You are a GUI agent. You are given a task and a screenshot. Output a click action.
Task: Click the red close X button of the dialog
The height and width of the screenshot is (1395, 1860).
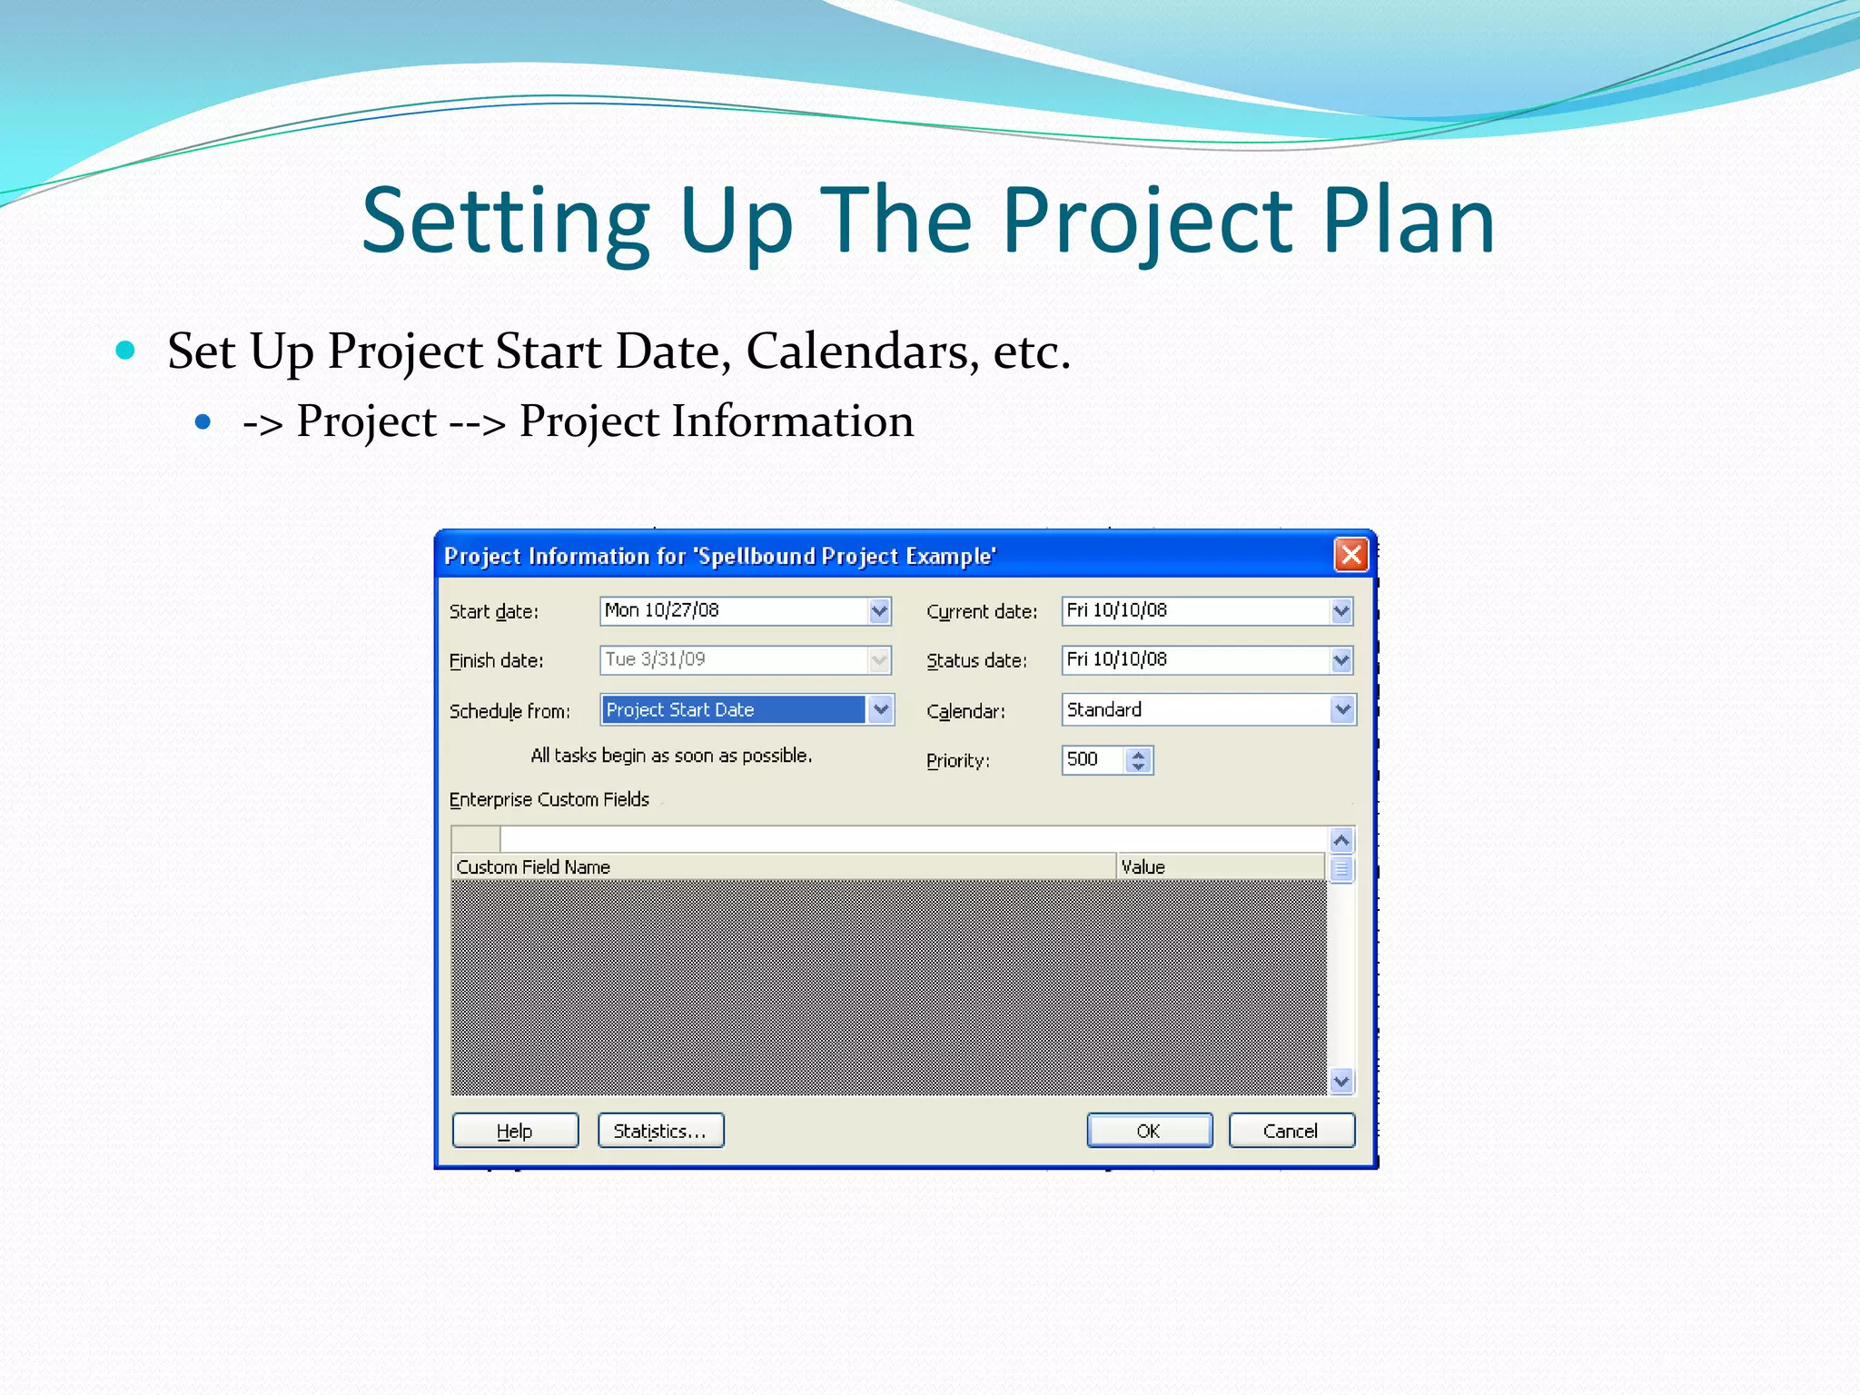(1350, 554)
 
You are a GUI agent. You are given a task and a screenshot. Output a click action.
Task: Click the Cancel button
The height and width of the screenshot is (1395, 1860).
(1291, 1131)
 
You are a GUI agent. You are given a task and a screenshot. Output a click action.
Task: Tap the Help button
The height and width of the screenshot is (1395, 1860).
(515, 1131)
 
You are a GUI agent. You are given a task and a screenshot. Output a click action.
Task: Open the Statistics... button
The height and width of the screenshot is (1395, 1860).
(660, 1131)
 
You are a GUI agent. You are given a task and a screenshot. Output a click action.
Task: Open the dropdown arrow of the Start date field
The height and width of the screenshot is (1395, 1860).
(878, 611)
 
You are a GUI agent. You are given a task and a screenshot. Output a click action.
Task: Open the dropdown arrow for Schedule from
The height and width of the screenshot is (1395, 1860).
(880, 709)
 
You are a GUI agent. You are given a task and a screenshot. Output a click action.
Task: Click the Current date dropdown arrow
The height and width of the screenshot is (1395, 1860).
(1341, 611)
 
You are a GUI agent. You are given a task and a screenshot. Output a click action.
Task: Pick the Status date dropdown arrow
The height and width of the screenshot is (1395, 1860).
(1341, 660)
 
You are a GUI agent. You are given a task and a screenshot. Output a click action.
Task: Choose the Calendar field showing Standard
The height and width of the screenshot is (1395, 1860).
(1195, 709)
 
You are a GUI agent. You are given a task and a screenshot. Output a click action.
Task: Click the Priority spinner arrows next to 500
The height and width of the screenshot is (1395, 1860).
(1138, 759)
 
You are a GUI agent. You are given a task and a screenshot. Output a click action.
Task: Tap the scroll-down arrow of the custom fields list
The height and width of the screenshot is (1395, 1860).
(1341, 1081)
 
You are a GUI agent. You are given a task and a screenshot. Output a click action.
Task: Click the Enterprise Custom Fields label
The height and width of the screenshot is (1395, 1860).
(549, 799)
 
